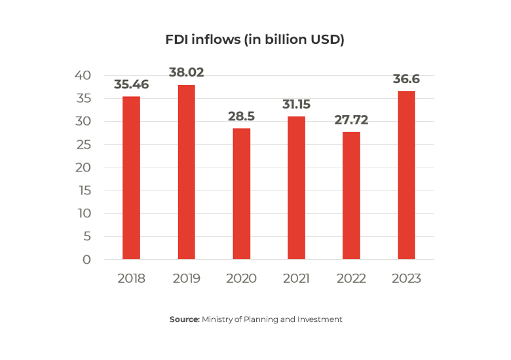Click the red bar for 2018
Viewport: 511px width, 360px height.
pyautogui.click(x=131, y=178)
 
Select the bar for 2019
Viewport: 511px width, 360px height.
pyautogui.click(x=186, y=172)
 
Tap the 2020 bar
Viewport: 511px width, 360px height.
pyautogui.click(x=241, y=194)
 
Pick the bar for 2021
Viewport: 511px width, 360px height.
pyautogui.click(x=296, y=188)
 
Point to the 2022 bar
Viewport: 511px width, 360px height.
pyautogui.click(x=351, y=196)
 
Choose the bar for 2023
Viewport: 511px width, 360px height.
pyautogui.click(x=406, y=175)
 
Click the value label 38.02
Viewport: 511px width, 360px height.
pyautogui.click(x=186, y=73)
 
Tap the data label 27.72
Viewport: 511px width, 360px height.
pyautogui.click(x=351, y=120)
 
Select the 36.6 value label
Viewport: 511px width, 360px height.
pyautogui.click(x=406, y=79)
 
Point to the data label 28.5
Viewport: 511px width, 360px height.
pyautogui.click(x=241, y=116)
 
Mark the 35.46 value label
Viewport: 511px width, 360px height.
pyautogui.click(x=131, y=84)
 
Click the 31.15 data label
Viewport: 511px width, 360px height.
pyautogui.click(x=296, y=104)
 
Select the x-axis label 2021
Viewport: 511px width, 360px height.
pyautogui.click(x=296, y=278)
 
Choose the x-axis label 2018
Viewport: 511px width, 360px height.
pyautogui.click(x=131, y=278)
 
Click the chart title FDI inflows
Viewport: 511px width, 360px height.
pyautogui.click(x=255, y=40)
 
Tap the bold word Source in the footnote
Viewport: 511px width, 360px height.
pyautogui.click(x=184, y=319)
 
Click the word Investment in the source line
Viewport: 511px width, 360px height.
pyautogui.click(x=321, y=319)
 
